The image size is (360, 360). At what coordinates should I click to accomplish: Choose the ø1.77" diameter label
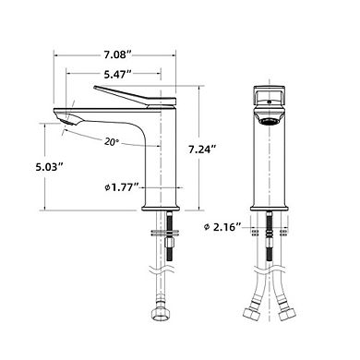(122, 188)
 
